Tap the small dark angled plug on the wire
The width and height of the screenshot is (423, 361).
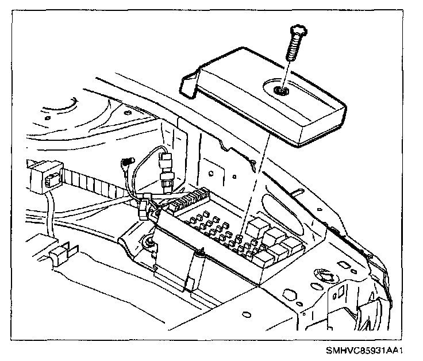pos(127,166)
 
